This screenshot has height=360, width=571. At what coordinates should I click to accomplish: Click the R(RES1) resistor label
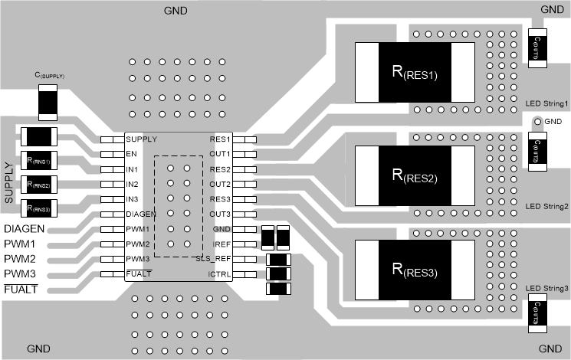415,74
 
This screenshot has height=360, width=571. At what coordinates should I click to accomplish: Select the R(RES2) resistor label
415,178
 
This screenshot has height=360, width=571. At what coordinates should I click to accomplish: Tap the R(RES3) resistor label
415,269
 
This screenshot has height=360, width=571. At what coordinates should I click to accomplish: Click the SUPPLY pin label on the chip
141,139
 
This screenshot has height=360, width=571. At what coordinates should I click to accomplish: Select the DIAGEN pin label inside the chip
141,214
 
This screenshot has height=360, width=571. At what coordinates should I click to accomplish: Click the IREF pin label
221,244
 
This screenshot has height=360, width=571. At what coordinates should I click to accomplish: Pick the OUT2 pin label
220,185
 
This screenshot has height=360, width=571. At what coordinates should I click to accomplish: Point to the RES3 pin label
220,199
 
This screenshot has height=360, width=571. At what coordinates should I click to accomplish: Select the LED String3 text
546,288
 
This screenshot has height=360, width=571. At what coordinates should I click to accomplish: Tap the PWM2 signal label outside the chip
20,259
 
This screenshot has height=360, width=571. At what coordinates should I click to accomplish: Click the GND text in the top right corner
551,9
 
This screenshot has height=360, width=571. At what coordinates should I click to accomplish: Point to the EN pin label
131,154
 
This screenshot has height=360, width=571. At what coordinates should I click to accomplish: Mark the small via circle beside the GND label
536,122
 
